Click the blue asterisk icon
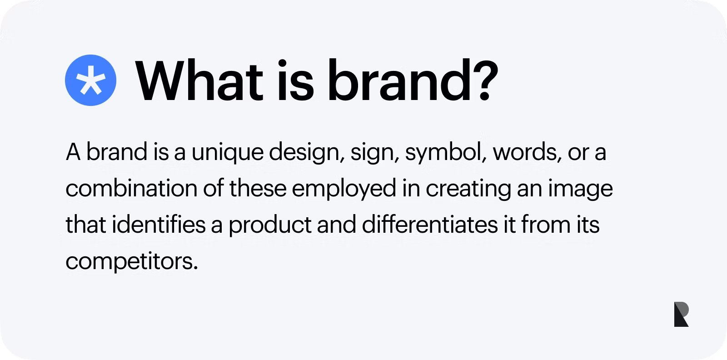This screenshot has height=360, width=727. tap(90, 80)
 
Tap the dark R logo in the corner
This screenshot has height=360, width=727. tap(681, 314)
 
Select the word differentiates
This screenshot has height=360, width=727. tap(429, 225)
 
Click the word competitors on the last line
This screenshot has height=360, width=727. tap(132, 261)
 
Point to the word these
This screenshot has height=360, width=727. tap(257, 189)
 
